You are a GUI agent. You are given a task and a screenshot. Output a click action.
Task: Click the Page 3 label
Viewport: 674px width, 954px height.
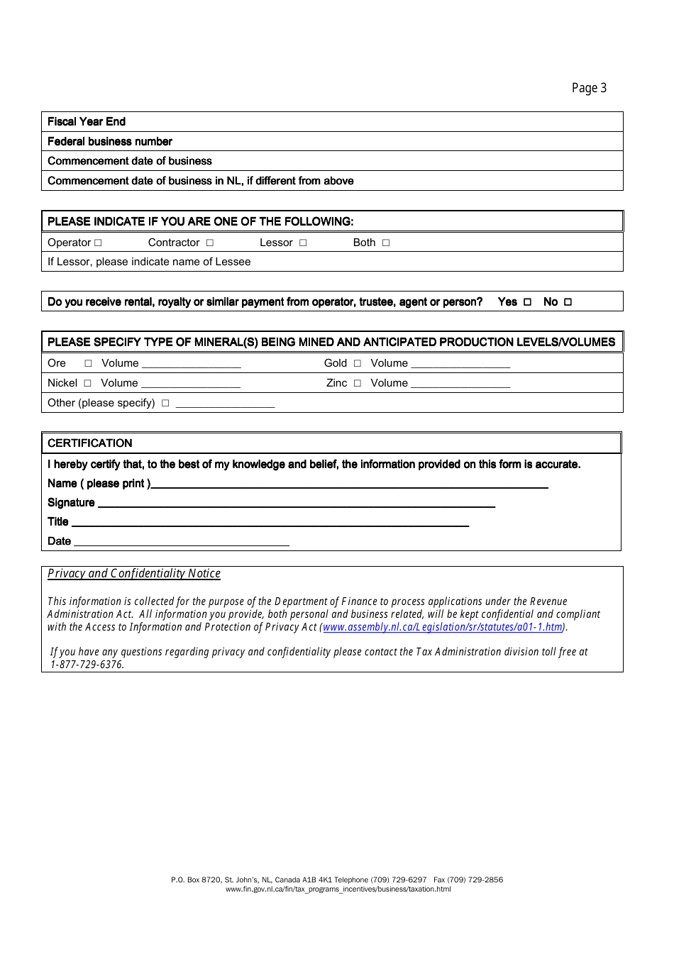[x=589, y=88]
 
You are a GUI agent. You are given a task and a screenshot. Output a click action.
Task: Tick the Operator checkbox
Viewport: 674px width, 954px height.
[x=98, y=243]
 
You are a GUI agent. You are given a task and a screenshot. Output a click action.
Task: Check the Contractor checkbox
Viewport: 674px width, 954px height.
[x=210, y=243]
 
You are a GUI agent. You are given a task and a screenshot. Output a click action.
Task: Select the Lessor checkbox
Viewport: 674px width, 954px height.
[x=303, y=243]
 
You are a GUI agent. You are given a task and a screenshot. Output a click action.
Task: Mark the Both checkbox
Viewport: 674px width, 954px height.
[x=386, y=243]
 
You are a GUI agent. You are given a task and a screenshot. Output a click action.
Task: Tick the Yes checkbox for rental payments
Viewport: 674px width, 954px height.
[x=527, y=302]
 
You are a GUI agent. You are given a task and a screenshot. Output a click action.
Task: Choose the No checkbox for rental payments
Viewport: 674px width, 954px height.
[x=568, y=302]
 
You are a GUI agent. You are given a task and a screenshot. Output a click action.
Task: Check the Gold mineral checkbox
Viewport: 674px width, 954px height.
[x=358, y=364]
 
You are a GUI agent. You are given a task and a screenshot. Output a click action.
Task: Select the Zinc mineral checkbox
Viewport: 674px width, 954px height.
[x=358, y=384]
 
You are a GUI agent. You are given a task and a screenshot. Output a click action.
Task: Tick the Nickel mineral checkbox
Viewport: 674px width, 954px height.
[x=87, y=384]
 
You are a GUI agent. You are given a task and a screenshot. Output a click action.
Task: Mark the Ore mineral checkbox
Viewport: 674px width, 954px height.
[x=88, y=364]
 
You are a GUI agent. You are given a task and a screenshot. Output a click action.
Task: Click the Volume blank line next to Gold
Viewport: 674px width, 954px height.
[x=460, y=365]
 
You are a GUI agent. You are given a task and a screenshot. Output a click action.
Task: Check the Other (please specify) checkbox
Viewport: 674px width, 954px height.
[x=165, y=404]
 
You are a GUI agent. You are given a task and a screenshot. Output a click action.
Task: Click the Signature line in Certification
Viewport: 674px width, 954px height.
[x=296, y=504]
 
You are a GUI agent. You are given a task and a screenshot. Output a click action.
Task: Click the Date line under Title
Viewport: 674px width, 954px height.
[x=182, y=542]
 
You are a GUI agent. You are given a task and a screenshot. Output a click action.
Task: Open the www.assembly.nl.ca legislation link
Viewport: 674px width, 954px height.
[x=443, y=627]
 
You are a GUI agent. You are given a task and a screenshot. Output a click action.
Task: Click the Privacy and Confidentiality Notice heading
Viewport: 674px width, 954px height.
[x=134, y=573]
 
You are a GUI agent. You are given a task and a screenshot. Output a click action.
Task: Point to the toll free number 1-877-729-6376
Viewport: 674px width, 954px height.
[x=87, y=665]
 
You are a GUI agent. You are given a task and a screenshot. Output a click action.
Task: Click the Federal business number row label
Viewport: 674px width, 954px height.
[x=110, y=141]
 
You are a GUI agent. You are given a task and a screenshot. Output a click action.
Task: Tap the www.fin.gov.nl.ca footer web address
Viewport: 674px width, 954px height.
[x=338, y=889]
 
